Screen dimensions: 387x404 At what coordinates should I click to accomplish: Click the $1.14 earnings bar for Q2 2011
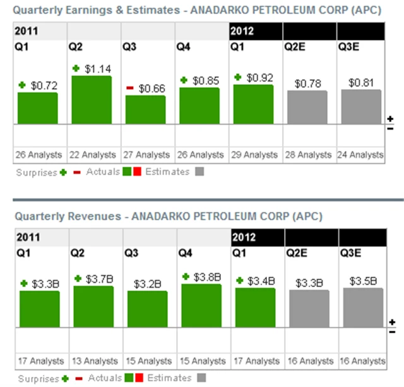(x=91, y=99)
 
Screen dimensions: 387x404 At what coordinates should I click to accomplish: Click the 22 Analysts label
(x=92, y=155)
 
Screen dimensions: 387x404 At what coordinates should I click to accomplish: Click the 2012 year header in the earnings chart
(x=242, y=30)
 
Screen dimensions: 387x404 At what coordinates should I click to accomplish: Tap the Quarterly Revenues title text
(x=66, y=216)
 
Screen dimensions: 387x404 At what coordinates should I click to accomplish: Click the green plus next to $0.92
(x=238, y=77)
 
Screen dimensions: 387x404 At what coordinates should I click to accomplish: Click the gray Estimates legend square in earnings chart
(x=199, y=171)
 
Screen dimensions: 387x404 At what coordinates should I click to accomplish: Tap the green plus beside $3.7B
(x=78, y=278)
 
